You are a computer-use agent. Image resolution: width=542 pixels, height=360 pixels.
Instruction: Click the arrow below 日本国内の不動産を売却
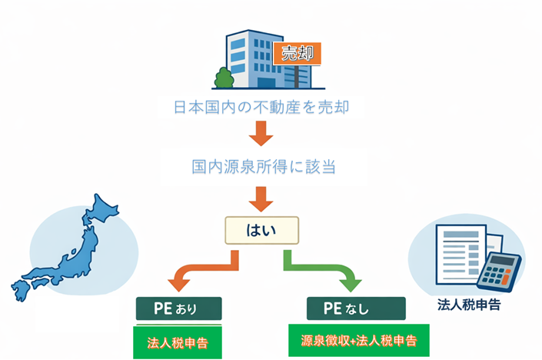click(261, 136)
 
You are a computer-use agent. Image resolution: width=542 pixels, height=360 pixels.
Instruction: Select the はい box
click(261, 228)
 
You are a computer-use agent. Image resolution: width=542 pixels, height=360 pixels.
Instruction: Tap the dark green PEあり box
click(178, 309)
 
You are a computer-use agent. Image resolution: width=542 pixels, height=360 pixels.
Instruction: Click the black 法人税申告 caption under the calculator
click(469, 305)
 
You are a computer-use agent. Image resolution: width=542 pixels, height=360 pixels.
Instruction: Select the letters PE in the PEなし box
click(332, 309)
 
